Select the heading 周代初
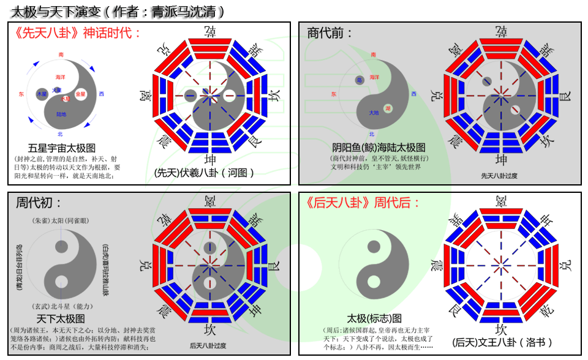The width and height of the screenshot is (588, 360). tap(39, 203)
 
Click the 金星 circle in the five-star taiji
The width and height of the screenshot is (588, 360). tap(81, 94)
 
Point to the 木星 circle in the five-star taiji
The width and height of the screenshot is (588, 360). tap(42, 94)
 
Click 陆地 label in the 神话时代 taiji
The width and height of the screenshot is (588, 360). tap(61, 114)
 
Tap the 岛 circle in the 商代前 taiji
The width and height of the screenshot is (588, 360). tap(360, 80)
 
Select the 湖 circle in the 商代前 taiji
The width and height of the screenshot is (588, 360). tap(388, 108)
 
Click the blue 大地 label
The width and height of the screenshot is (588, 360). tap(374, 113)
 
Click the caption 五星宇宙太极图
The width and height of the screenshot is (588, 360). tap(62, 148)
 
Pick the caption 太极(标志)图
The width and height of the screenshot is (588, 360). tap(374, 318)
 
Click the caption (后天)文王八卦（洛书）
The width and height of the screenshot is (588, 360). tap(502, 342)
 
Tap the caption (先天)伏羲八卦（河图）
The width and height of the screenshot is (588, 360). tap(204, 173)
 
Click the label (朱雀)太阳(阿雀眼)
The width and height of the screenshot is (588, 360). tap(60, 220)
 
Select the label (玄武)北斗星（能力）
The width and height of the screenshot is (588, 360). tap(60, 306)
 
